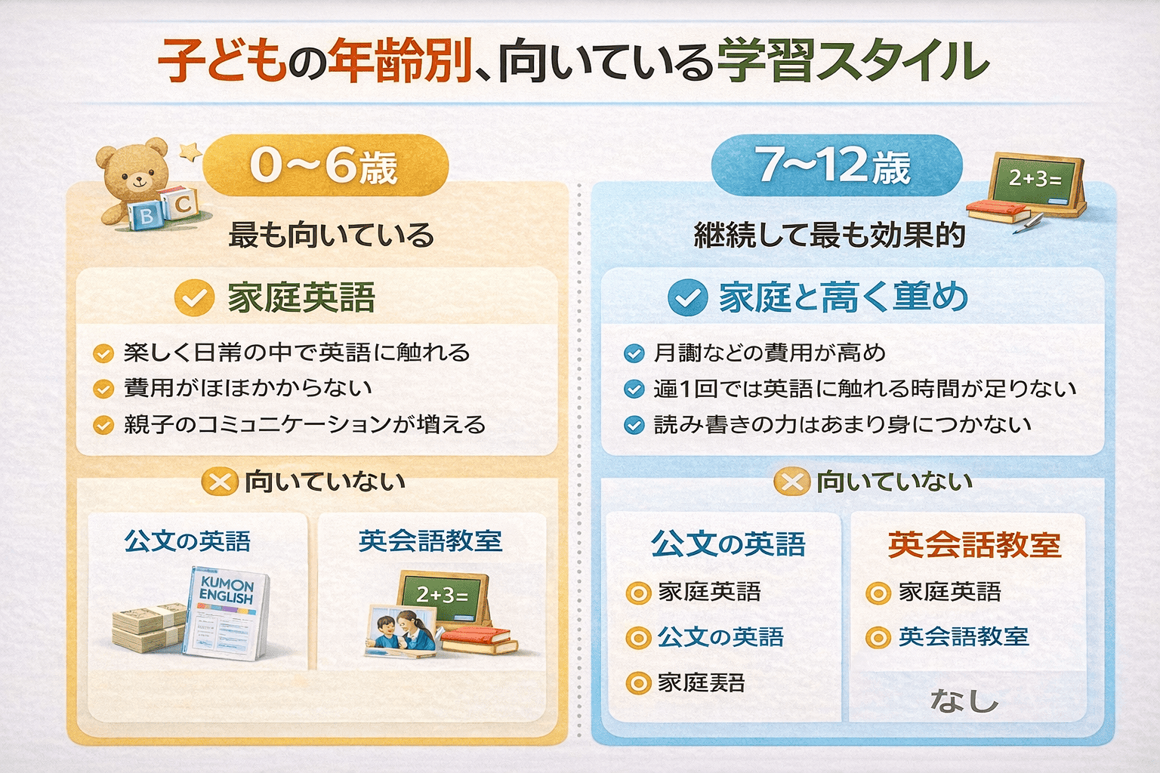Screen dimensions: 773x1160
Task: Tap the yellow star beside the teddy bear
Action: pyautogui.click(x=190, y=152)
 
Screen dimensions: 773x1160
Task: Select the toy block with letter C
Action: pyautogui.click(x=182, y=204)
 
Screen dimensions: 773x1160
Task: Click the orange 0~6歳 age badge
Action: pyautogui.click(x=325, y=165)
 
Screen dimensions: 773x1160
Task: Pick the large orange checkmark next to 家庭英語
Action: pyautogui.click(x=194, y=297)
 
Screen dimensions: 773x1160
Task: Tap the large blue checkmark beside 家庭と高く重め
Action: pyautogui.click(x=687, y=297)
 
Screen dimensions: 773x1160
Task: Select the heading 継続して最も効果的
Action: pyautogui.click(x=829, y=236)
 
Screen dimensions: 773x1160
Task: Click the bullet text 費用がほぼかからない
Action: pyautogui.click(x=248, y=388)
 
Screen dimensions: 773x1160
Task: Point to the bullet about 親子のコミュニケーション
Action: pyautogui.click(x=304, y=424)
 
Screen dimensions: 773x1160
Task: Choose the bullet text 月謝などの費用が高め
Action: pyautogui.click(x=770, y=353)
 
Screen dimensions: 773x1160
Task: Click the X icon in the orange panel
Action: pyautogui.click(x=220, y=482)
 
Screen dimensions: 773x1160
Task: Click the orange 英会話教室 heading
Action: pyautogui.click(x=974, y=544)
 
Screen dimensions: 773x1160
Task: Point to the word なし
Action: pyautogui.click(x=964, y=701)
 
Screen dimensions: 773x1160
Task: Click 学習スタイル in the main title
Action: pyautogui.click(x=853, y=62)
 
